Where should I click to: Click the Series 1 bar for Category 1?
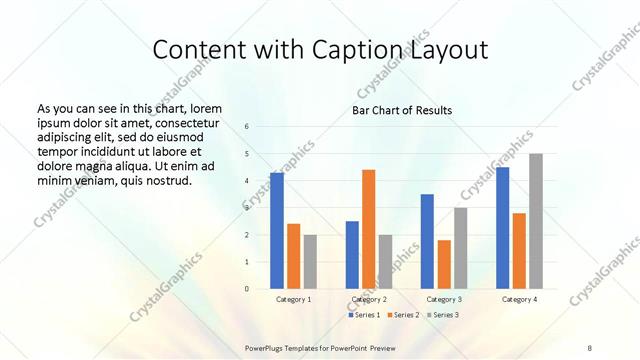point(277,231)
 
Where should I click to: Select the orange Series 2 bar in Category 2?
point(369,229)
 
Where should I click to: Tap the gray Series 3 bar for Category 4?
point(536,221)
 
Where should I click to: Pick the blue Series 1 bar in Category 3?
point(427,241)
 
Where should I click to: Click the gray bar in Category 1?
point(310,261)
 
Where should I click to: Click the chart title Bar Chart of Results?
point(402,110)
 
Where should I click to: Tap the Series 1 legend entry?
point(363,315)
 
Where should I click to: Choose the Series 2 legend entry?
point(402,315)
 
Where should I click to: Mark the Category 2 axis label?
point(369,299)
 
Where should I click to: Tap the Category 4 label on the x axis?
point(519,299)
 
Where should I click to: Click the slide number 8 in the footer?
point(590,346)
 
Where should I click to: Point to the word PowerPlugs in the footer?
point(267,346)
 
